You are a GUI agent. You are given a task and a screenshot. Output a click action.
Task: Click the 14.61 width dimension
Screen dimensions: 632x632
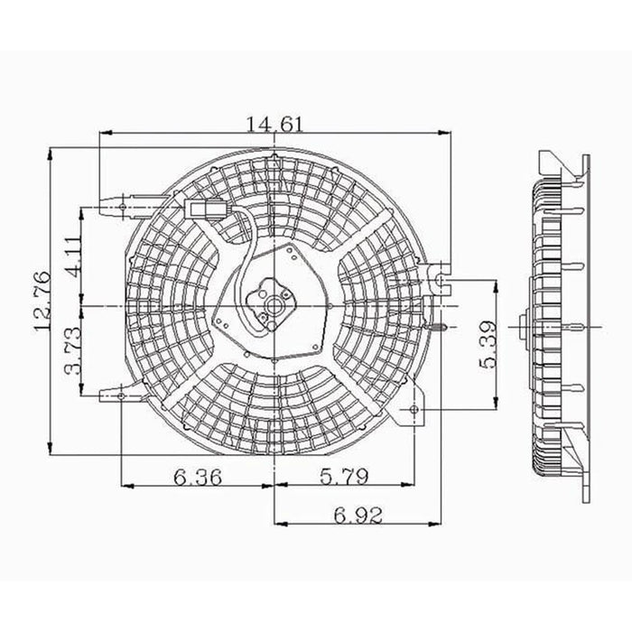click(x=274, y=125)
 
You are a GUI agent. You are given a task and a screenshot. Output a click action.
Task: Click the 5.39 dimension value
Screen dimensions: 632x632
click(x=488, y=344)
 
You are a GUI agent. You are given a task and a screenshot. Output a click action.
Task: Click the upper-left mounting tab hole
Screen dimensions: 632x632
click(x=122, y=207)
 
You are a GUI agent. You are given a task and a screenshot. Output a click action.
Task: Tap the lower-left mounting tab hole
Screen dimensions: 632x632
click(x=121, y=395)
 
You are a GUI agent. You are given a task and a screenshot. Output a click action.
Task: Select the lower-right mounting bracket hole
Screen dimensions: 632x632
click(x=414, y=412)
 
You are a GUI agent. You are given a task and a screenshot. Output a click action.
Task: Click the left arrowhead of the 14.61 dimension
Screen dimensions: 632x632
click(x=102, y=134)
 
